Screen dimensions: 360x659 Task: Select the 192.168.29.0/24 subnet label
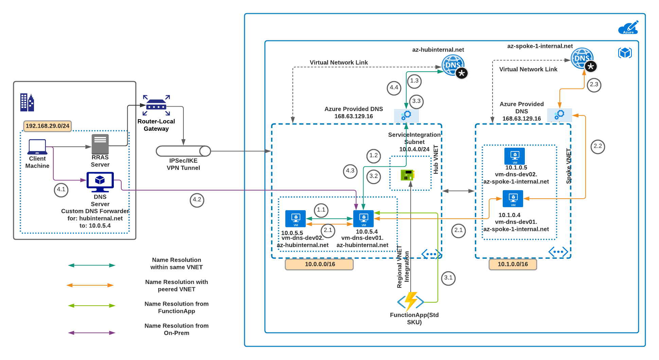coord(48,126)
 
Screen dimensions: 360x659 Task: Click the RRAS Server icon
coord(100,144)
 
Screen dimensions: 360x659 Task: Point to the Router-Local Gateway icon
coord(156,106)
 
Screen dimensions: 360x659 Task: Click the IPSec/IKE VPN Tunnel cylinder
coord(183,151)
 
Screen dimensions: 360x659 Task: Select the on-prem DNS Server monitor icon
coord(100,182)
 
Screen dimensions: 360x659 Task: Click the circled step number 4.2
coord(197,200)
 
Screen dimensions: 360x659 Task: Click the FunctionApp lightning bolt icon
coord(411,301)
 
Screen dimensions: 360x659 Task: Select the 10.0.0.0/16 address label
coord(319,264)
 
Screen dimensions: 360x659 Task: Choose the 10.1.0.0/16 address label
coord(513,264)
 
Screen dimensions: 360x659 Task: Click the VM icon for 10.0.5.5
coord(296,219)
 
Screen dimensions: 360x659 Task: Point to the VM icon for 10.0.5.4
coord(363,219)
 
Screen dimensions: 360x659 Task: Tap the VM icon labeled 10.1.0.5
coord(515,156)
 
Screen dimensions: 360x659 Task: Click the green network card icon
coord(407,175)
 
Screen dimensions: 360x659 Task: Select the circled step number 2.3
coord(594,85)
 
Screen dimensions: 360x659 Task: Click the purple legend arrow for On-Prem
coord(92,333)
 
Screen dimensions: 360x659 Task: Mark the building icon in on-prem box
coord(27,103)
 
